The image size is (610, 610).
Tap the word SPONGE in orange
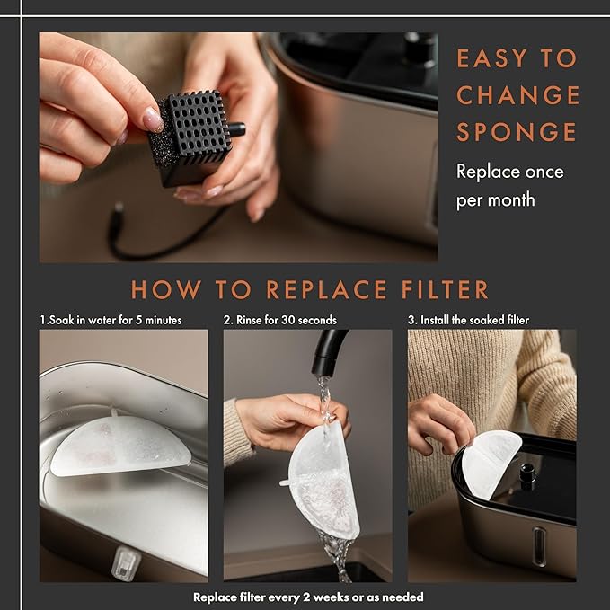tap(517, 132)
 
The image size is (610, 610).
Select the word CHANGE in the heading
tap(518, 95)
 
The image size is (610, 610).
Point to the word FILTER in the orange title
tap(445, 290)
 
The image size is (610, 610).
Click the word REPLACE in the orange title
tap(327, 290)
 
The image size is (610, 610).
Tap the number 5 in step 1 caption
tap(138, 320)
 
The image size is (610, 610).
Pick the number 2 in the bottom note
tap(306, 597)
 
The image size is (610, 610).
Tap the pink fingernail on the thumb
tap(153, 119)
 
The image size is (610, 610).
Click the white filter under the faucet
tap(323, 482)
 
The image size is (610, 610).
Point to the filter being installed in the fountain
tap(491, 464)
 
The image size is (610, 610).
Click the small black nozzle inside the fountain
tap(528, 475)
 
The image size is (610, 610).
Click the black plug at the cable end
tap(117, 213)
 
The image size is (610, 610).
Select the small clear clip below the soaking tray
tap(125, 563)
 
